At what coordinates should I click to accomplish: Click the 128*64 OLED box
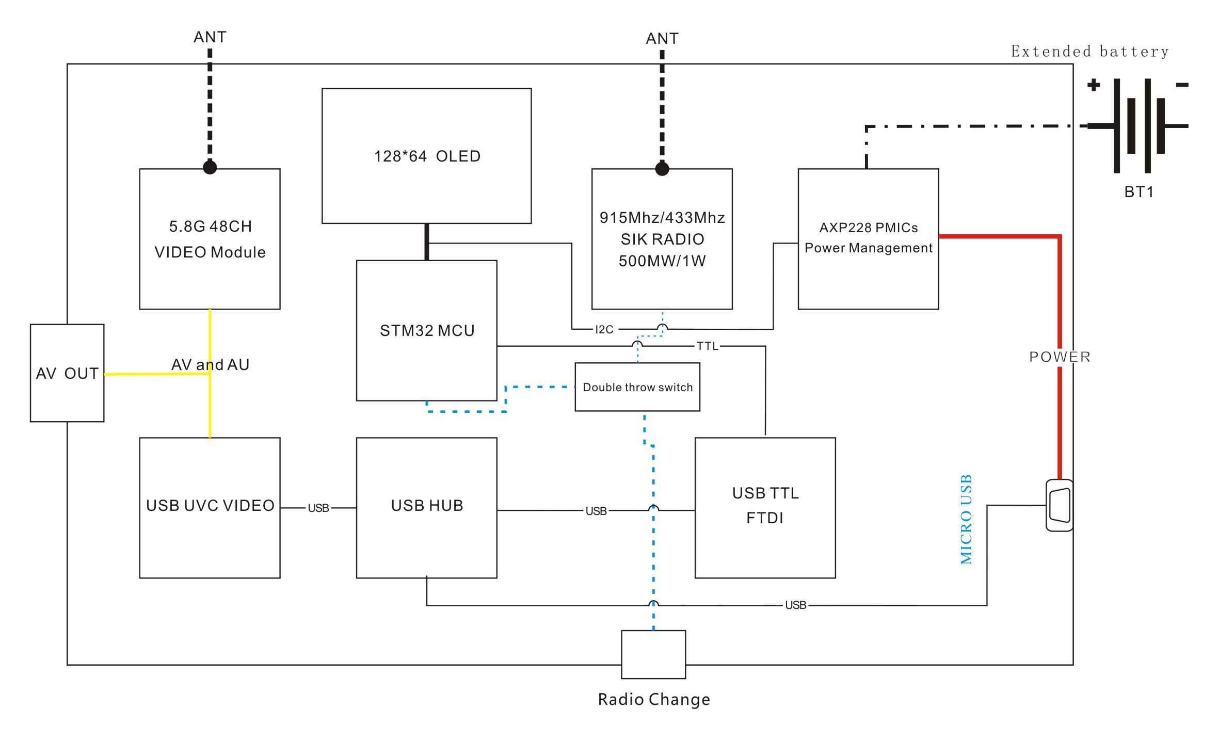point(426,156)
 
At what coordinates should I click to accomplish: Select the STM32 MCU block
point(426,330)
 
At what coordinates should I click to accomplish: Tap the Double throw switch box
point(637,387)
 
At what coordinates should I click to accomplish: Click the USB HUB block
point(426,508)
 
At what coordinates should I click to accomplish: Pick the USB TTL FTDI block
point(765,508)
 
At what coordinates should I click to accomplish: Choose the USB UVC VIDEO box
point(210,508)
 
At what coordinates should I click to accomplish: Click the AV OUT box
point(67,373)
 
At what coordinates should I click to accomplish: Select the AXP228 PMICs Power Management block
point(868,239)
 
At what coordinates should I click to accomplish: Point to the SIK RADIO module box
point(662,239)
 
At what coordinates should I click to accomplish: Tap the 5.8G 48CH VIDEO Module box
point(210,239)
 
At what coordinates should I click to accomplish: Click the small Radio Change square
point(653,654)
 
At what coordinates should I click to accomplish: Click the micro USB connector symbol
point(1059,505)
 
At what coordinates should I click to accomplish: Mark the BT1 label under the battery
point(1138,192)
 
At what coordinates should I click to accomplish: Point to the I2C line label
point(604,329)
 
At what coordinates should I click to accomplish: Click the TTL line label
point(708,346)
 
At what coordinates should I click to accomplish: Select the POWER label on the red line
point(1060,357)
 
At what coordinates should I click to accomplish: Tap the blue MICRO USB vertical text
point(966,519)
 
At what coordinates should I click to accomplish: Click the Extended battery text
point(1089,52)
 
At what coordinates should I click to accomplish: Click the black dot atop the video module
point(210,167)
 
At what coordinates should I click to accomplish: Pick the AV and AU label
point(210,364)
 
